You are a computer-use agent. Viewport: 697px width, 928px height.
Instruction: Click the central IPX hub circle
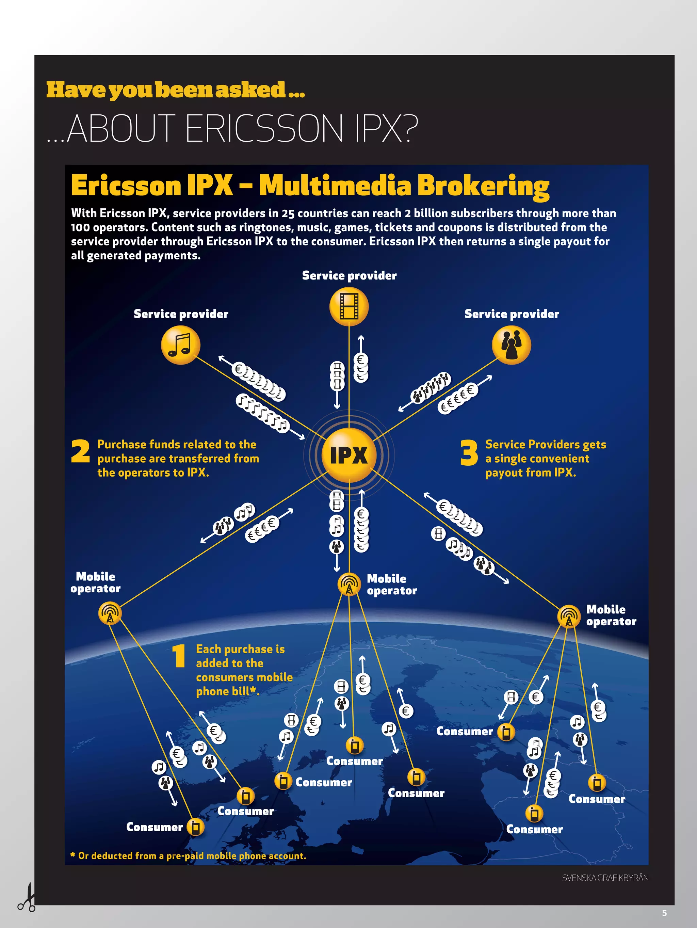click(349, 455)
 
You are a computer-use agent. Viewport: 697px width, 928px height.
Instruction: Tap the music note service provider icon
click(181, 345)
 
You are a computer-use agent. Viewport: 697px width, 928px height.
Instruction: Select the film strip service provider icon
click(349, 306)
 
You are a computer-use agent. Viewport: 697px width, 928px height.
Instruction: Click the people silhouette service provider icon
click(511, 345)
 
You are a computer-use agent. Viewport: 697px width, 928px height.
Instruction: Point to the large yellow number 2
click(81, 451)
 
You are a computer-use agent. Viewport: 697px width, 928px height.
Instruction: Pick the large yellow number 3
click(469, 453)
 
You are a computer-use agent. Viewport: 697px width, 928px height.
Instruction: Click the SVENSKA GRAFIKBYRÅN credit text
click(605, 878)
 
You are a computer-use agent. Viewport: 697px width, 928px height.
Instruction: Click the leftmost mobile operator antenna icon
click(110, 613)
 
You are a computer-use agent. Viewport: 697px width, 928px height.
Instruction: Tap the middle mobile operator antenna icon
click(349, 583)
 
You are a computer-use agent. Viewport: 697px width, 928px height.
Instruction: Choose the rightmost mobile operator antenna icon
click(568, 616)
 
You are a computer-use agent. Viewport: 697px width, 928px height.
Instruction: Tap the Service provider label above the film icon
click(349, 276)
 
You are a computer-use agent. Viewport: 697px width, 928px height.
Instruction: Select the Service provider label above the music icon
click(181, 314)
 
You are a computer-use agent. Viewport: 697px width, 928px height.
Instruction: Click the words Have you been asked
click(175, 90)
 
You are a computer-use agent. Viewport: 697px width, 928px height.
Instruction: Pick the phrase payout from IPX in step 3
click(531, 473)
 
